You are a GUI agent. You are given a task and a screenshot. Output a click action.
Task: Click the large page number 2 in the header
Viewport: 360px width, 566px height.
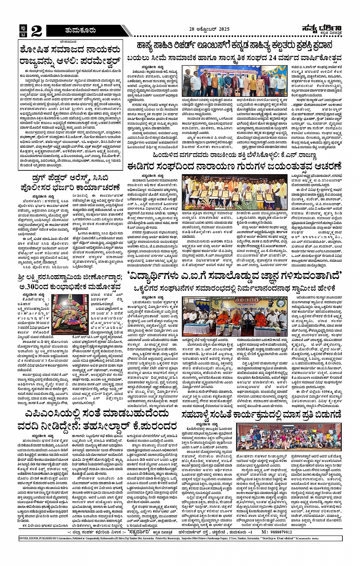click(x=36, y=31)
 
